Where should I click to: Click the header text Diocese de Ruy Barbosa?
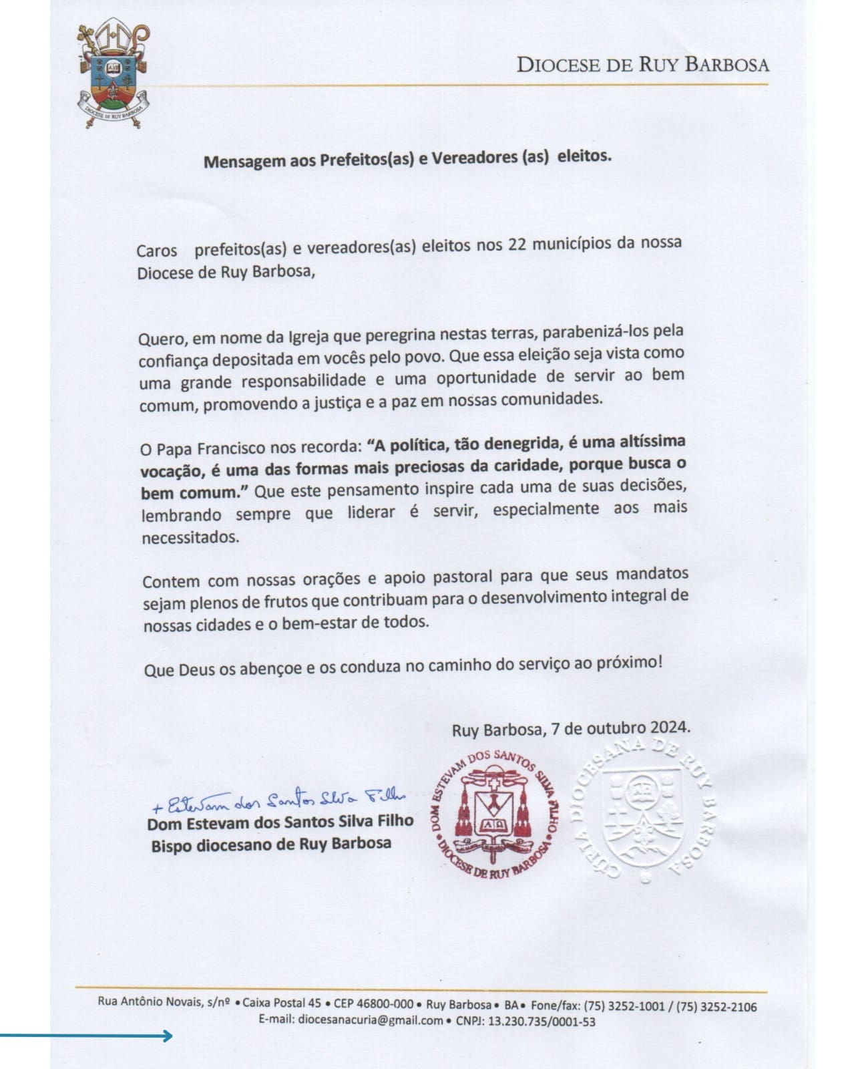coord(643,64)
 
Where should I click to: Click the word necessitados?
coord(190,537)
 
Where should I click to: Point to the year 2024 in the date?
coord(668,727)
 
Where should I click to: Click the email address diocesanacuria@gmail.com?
coord(371,1021)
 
